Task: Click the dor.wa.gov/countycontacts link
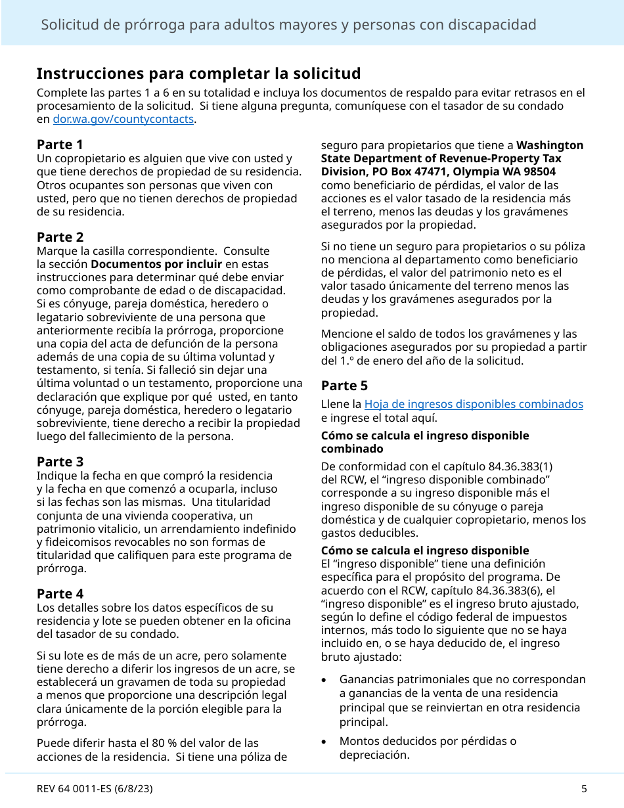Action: tap(123, 120)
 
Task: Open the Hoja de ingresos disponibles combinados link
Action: tap(473, 405)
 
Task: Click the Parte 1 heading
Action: tap(60, 145)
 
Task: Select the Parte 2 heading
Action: tap(60, 237)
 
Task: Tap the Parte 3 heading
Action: tap(60, 462)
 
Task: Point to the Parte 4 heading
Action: tap(60, 594)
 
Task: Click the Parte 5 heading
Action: tap(344, 386)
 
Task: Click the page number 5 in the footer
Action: tap(584, 789)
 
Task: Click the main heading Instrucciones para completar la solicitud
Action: tap(198, 73)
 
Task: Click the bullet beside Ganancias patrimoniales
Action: tap(325, 680)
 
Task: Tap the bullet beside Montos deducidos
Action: tap(325, 742)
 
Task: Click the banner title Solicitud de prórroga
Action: tap(288, 25)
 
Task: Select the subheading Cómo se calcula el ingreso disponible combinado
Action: tap(424, 442)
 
